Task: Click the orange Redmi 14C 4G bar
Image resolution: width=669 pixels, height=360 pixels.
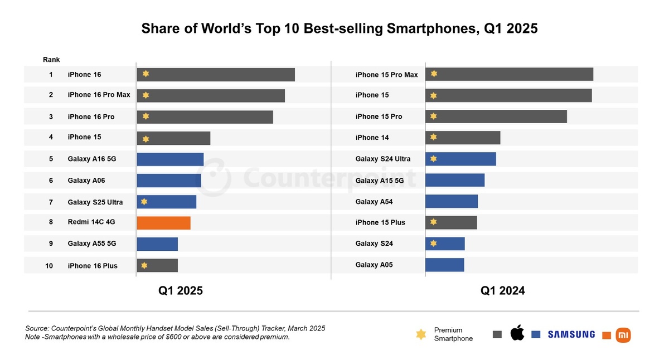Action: click(x=163, y=223)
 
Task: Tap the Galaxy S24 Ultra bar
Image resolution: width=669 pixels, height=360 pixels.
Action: click(x=460, y=159)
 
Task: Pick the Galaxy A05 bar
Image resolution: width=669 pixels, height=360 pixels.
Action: click(x=444, y=265)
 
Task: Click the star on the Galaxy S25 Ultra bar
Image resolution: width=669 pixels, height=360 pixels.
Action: click(x=144, y=202)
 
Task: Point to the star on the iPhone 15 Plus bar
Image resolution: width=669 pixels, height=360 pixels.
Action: click(x=433, y=222)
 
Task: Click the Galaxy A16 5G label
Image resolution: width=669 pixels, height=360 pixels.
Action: click(x=92, y=159)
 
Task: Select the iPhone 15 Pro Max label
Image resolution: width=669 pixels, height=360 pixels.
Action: click(x=386, y=75)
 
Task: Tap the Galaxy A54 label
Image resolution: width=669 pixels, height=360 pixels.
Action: click(x=374, y=202)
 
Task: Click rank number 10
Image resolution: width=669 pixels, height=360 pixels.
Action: click(x=49, y=266)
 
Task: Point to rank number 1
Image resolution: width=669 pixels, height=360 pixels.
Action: click(x=51, y=75)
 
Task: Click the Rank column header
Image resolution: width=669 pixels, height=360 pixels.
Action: click(x=51, y=60)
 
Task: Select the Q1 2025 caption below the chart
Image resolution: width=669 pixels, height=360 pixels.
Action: click(x=180, y=290)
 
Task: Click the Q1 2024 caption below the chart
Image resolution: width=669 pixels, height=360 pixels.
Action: click(x=502, y=290)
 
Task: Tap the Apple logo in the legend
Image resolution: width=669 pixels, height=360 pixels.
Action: click(x=517, y=334)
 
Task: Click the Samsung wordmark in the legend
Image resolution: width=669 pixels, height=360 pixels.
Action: click(x=571, y=334)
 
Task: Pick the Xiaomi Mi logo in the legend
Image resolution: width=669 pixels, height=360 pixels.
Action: click(x=623, y=335)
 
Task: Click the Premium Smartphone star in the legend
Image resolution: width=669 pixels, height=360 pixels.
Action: click(x=421, y=334)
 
